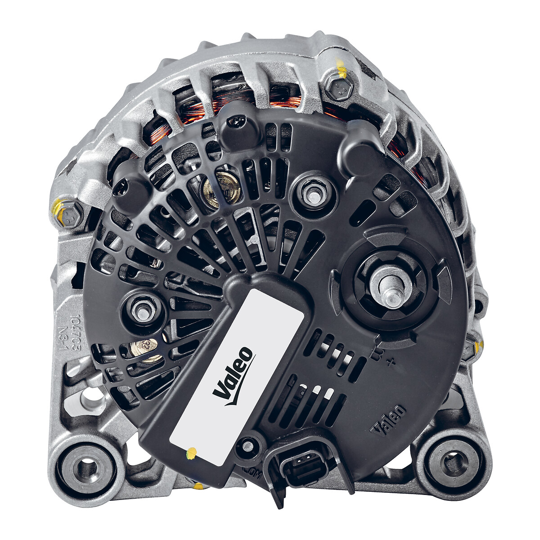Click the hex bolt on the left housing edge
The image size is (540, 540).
click(x=69, y=215)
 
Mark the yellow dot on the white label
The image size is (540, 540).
click(x=192, y=453)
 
